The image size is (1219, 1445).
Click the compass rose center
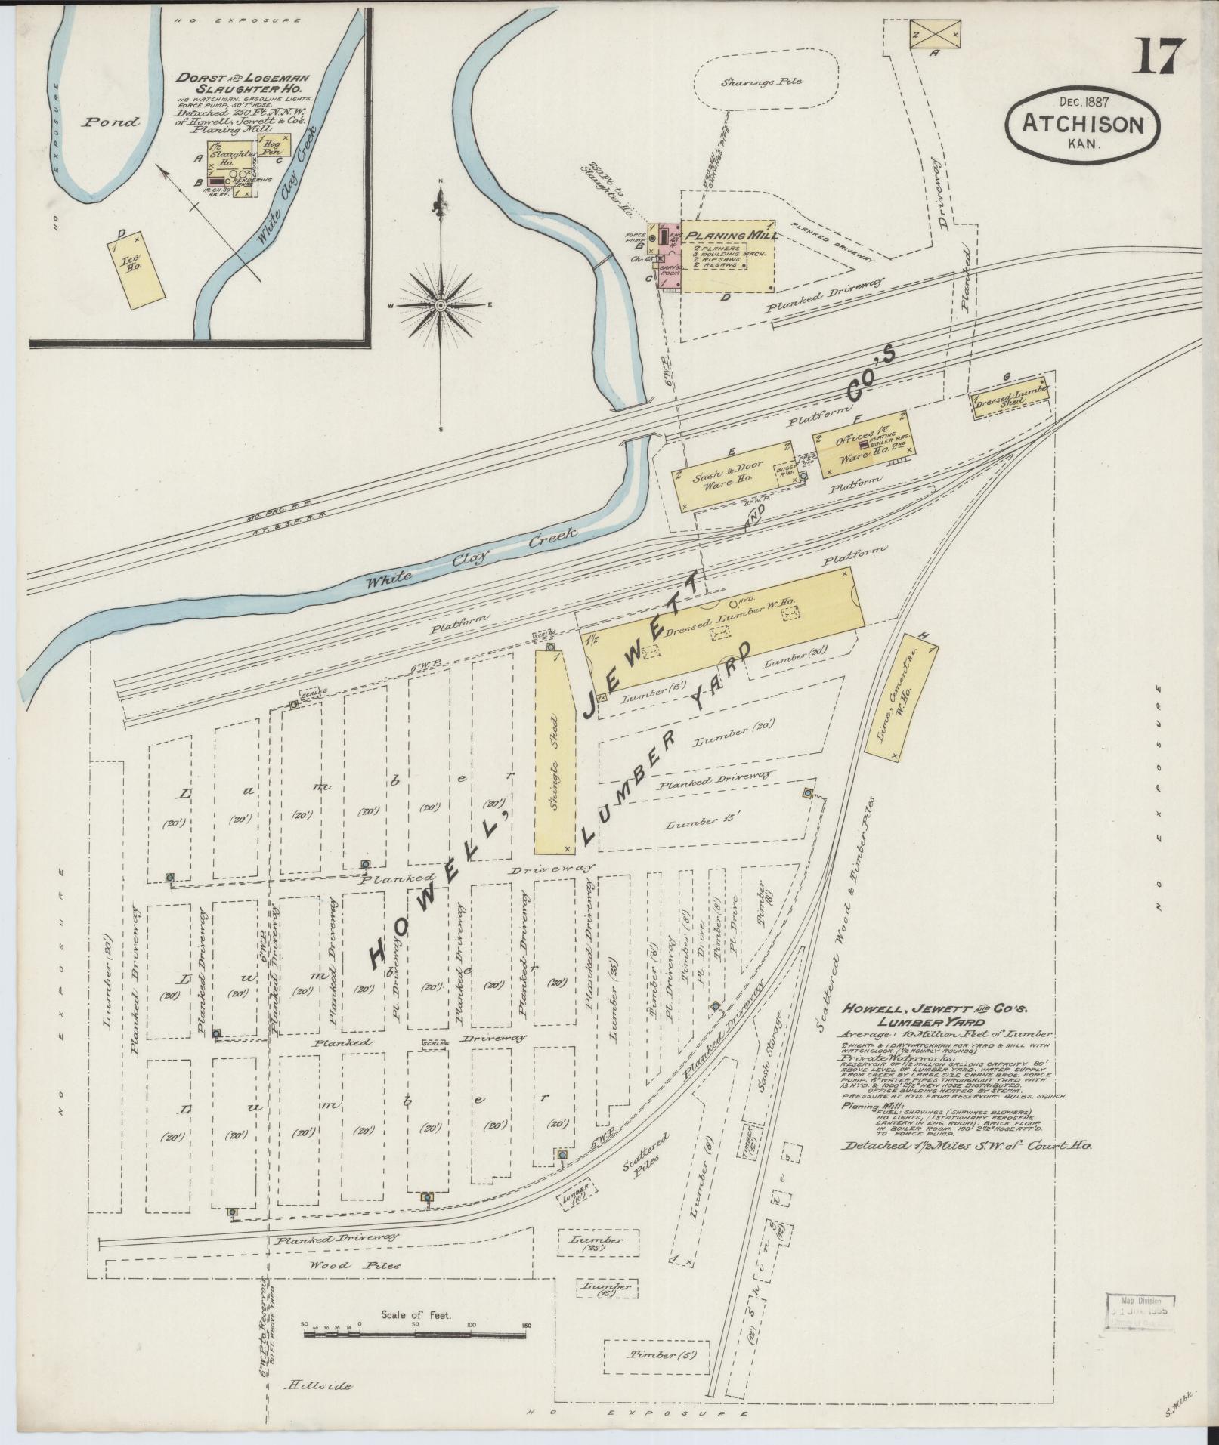click(x=441, y=304)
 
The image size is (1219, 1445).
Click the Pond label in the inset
click(x=111, y=122)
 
